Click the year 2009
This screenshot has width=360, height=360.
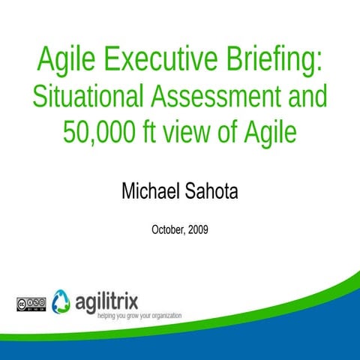[x=197, y=229]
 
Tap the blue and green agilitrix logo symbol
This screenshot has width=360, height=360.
[x=63, y=300]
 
